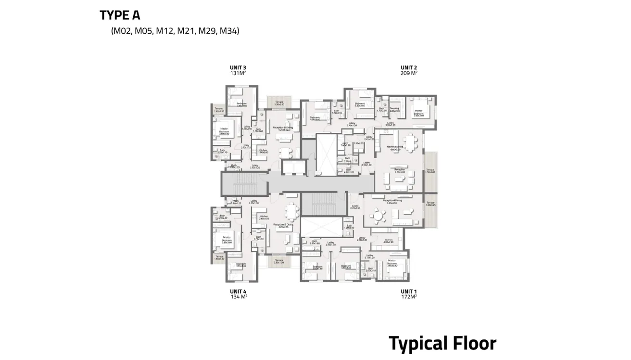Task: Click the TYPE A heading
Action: click(x=120, y=15)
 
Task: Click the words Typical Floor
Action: click(x=442, y=344)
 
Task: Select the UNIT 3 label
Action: click(x=238, y=68)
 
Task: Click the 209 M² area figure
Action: click(x=409, y=74)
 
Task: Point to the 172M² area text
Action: click(x=409, y=297)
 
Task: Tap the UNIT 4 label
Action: click(x=238, y=291)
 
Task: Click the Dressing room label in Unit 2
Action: click(x=394, y=110)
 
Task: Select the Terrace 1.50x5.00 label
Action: click(x=430, y=171)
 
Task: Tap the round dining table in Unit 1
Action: click(x=379, y=216)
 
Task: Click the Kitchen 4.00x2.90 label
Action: click(x=388, y=241)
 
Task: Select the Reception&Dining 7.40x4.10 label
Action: click(x=392, y=202)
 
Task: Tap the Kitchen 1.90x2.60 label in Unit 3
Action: click(x=263, y=152)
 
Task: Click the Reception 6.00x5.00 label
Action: click(x=399, y=170)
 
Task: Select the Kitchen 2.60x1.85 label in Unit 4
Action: click(x=264, y=218)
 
